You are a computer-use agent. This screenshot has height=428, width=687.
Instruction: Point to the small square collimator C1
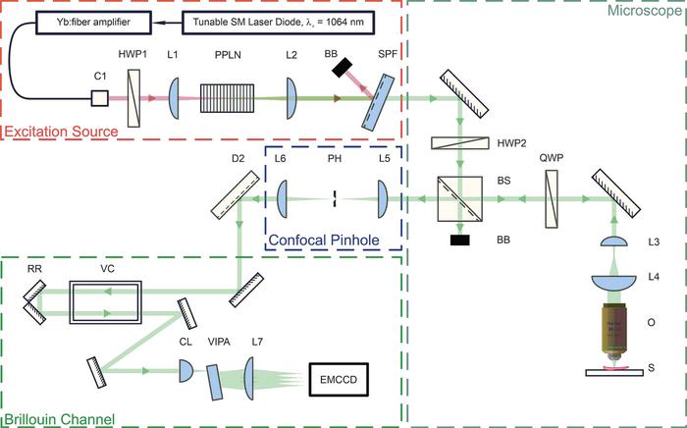point(99,98)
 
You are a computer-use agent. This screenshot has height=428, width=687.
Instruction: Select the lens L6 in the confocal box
point(283,198)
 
